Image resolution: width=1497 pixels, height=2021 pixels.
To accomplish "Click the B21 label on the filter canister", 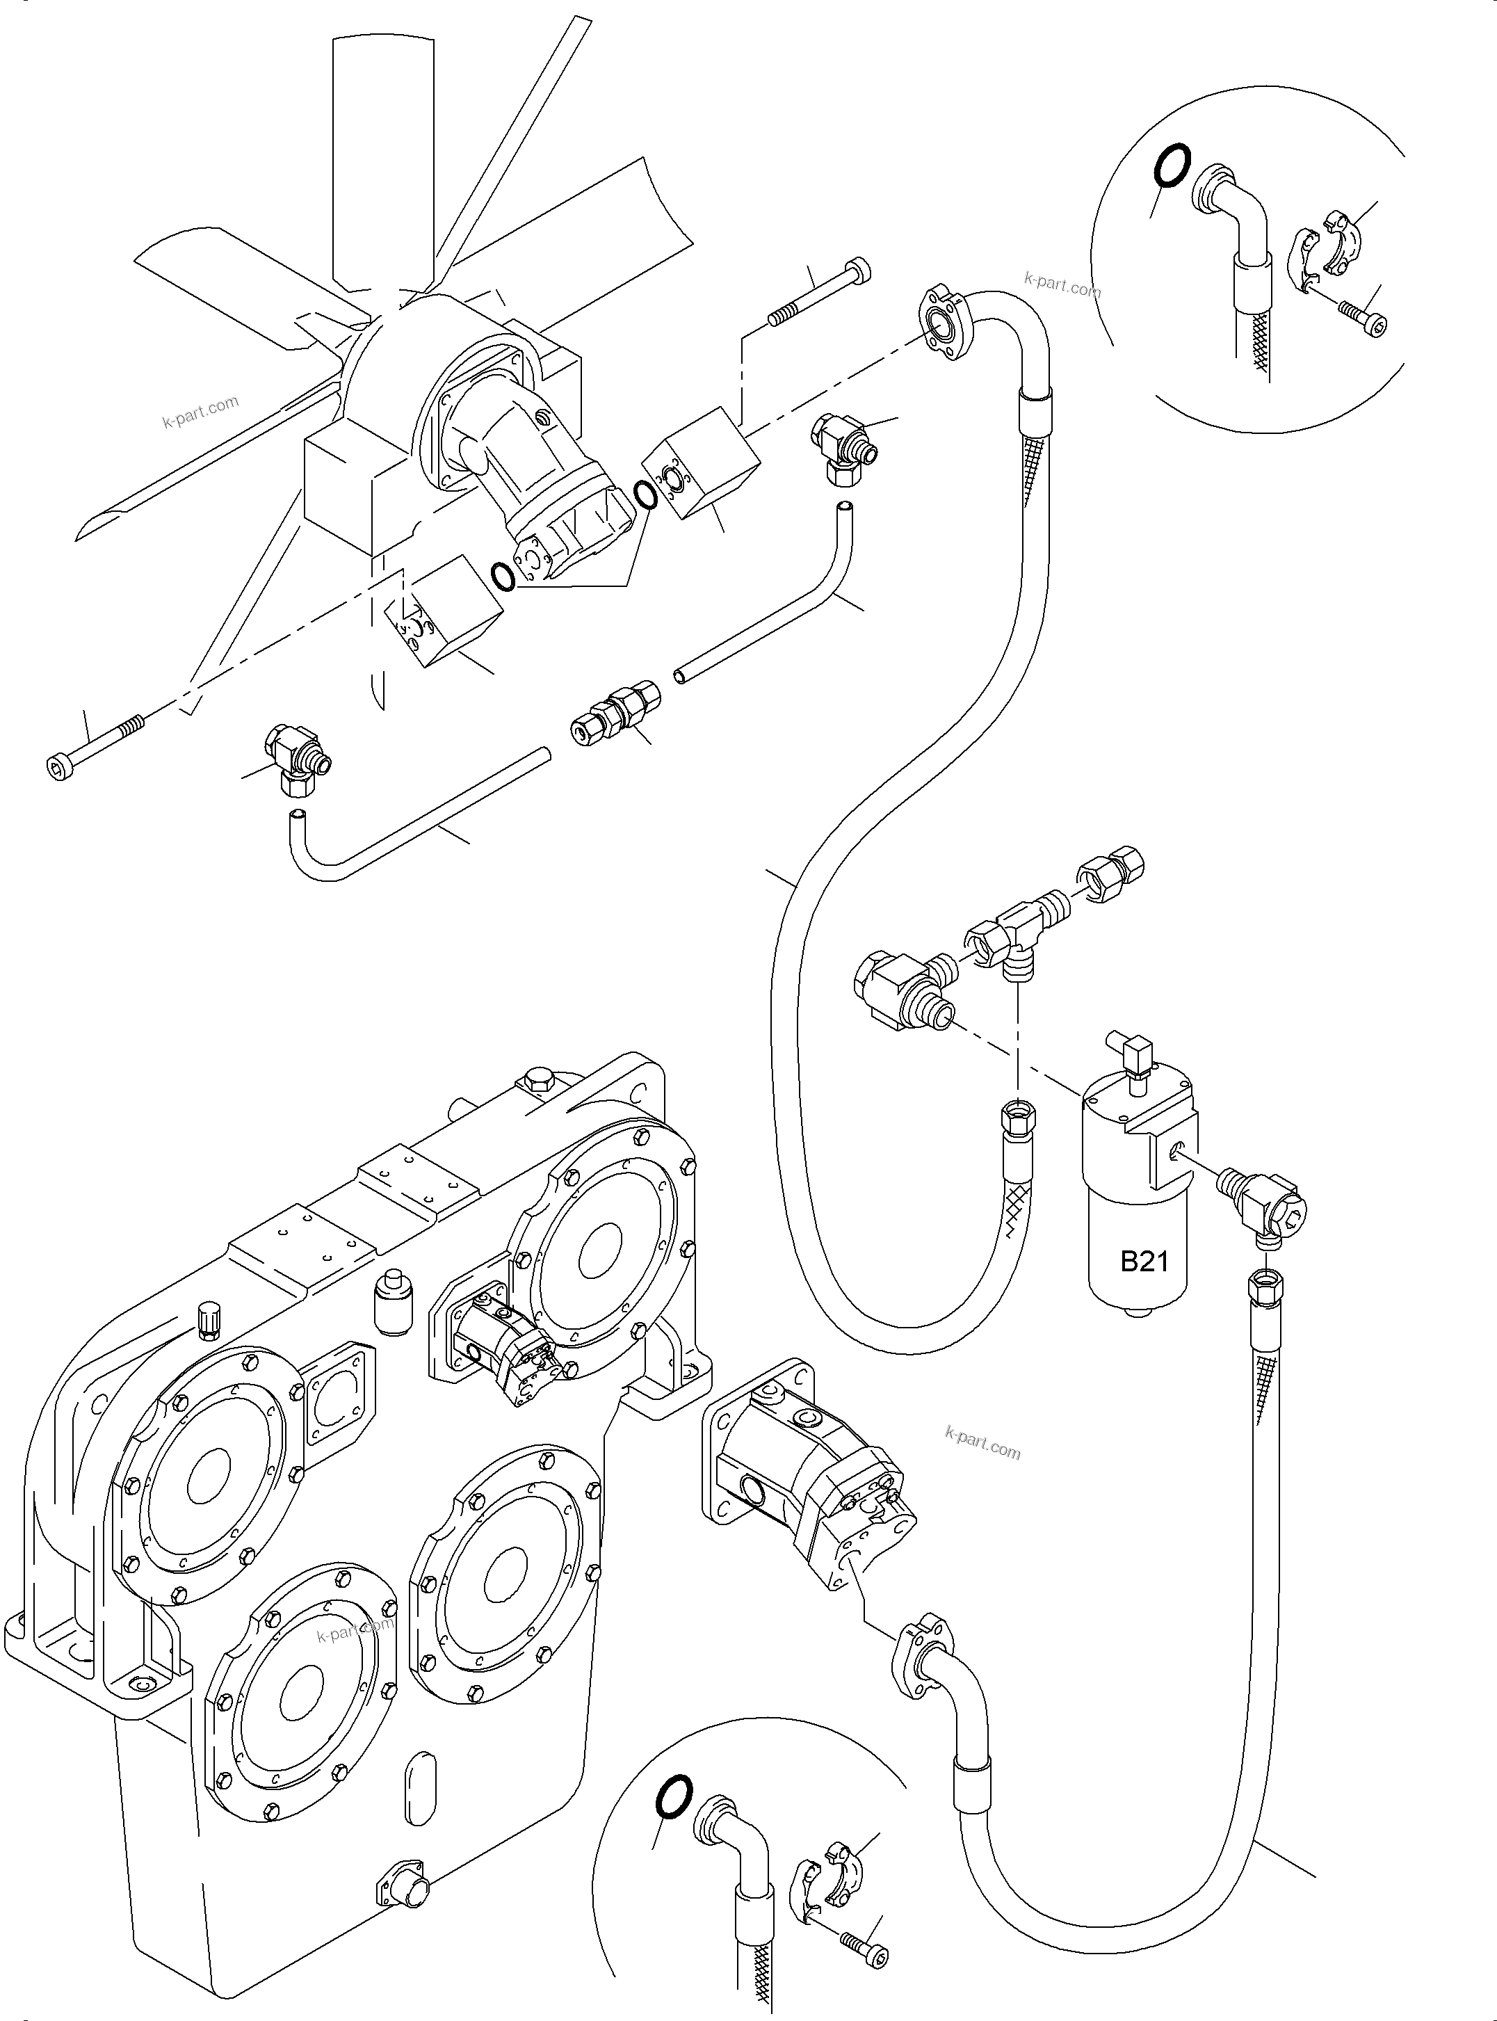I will (x=1144, y=1262).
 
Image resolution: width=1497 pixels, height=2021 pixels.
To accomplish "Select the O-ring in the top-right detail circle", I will (x=1169, y=168).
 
